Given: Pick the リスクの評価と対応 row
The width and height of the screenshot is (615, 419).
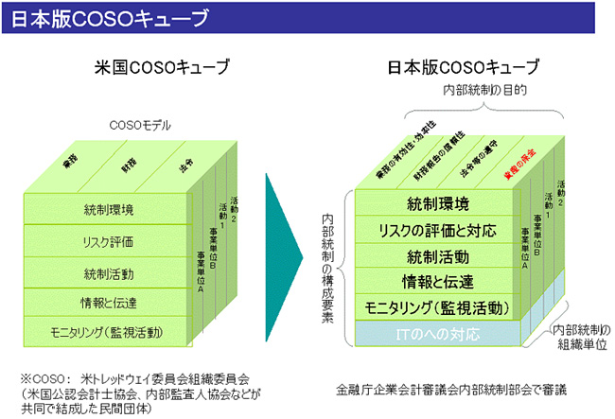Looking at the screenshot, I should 436,230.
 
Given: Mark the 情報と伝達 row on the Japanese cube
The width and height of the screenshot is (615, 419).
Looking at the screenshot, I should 436,282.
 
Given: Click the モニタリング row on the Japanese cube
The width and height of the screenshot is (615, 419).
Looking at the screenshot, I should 436,307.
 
